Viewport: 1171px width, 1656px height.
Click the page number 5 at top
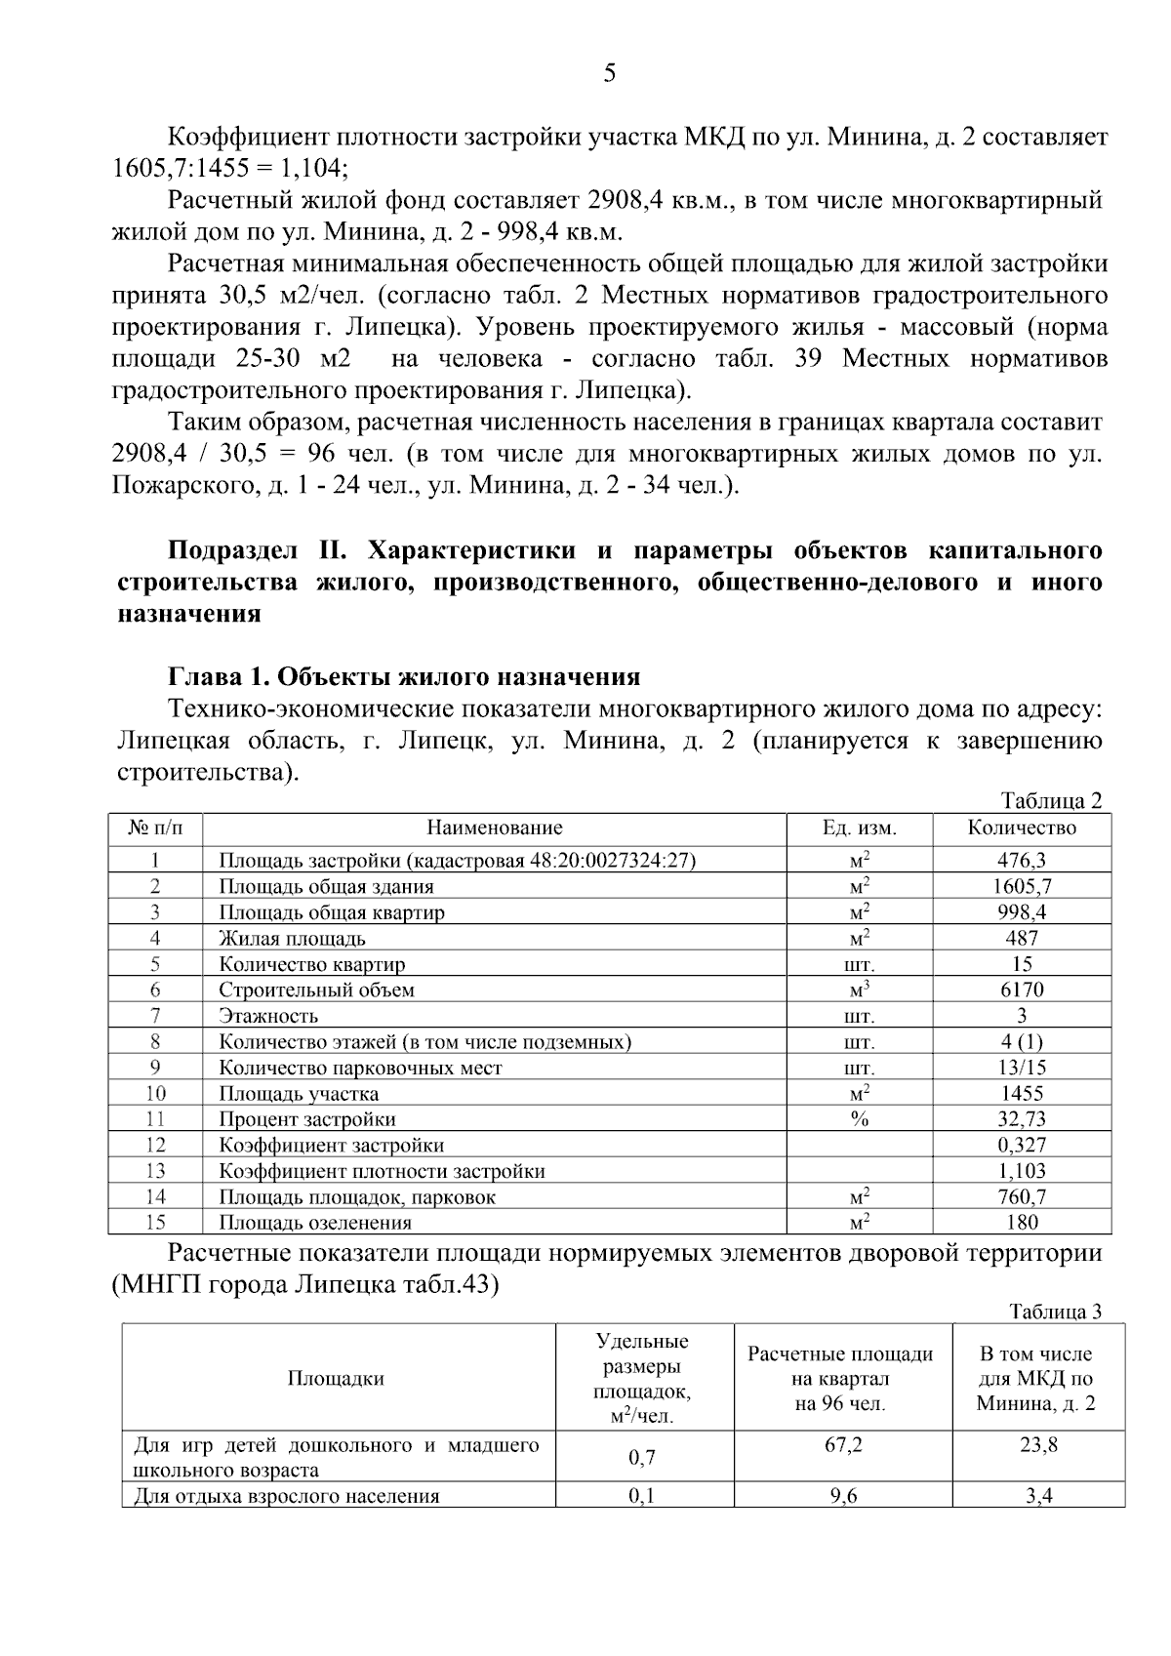click(610, 73)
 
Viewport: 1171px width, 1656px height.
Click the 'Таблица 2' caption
click(1051, 801)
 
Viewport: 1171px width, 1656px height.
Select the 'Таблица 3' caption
click(1055, 1312)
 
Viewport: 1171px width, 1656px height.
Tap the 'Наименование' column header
click(495, 828)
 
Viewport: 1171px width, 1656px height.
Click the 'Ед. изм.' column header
click(859, 828)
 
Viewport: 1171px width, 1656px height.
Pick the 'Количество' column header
click(1022, 828)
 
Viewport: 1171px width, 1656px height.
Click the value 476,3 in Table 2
click(1022, 861)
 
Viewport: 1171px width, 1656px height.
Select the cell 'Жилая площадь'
click(292, 939)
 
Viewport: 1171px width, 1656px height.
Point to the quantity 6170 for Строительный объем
click(1022, 990)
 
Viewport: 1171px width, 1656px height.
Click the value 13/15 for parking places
click(1022, 1068)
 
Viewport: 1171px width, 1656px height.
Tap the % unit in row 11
click(859, 1119)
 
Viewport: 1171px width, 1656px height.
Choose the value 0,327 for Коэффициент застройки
click(1022, 1146)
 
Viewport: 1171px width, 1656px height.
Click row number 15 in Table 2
click(155, 1223)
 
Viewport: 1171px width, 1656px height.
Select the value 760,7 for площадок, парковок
click(1022, 1197)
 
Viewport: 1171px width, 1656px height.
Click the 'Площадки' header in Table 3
click(336, 1379)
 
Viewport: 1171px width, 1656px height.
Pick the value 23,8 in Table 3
click(1038, 1445)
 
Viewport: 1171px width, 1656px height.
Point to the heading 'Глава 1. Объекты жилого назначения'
click(404, 677)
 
